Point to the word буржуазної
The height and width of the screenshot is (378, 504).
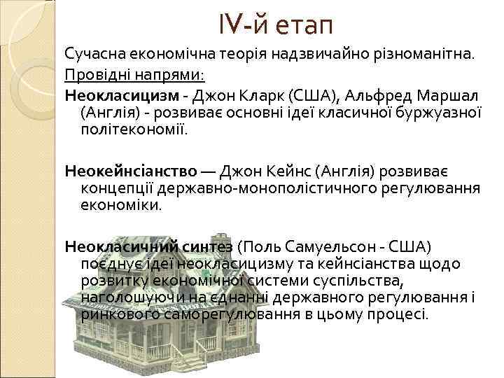coord(433,111)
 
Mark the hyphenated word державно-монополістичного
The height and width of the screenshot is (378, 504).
coord(262,188)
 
